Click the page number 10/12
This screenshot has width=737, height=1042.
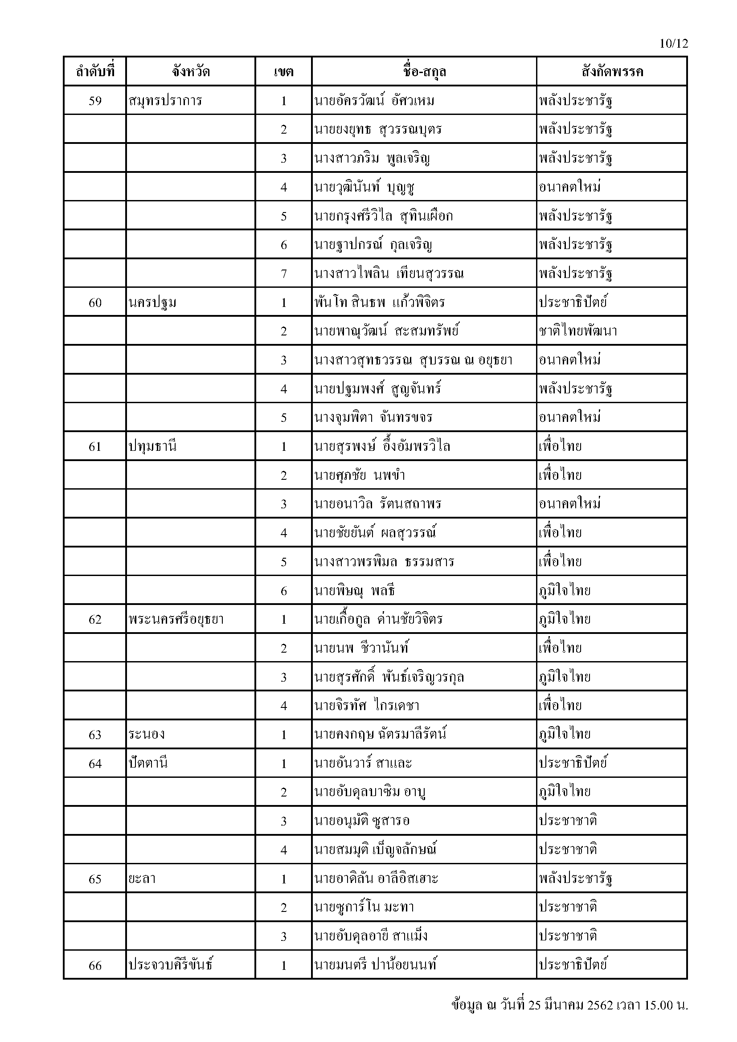673,44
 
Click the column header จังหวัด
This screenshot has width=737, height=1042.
191,72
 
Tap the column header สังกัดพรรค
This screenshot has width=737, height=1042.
612,72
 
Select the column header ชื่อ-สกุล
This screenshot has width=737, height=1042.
424,72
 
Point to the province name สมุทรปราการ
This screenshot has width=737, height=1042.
165,100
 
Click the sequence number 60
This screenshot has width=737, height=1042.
95,302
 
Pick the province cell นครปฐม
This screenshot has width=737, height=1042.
152,302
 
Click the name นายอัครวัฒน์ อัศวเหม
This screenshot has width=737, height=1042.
374,100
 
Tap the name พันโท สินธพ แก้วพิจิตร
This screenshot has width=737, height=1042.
379,302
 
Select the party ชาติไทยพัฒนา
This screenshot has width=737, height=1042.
578,331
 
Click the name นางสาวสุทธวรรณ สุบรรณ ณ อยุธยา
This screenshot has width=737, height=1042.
413,360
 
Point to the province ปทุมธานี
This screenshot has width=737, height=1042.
152,446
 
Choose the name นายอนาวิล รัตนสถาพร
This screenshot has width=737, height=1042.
377,504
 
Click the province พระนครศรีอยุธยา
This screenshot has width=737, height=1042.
176,619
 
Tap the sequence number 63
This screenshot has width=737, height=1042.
95,734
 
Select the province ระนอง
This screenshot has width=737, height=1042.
146,734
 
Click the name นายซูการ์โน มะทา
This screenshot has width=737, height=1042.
364,907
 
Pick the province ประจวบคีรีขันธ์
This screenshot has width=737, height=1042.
171,965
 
